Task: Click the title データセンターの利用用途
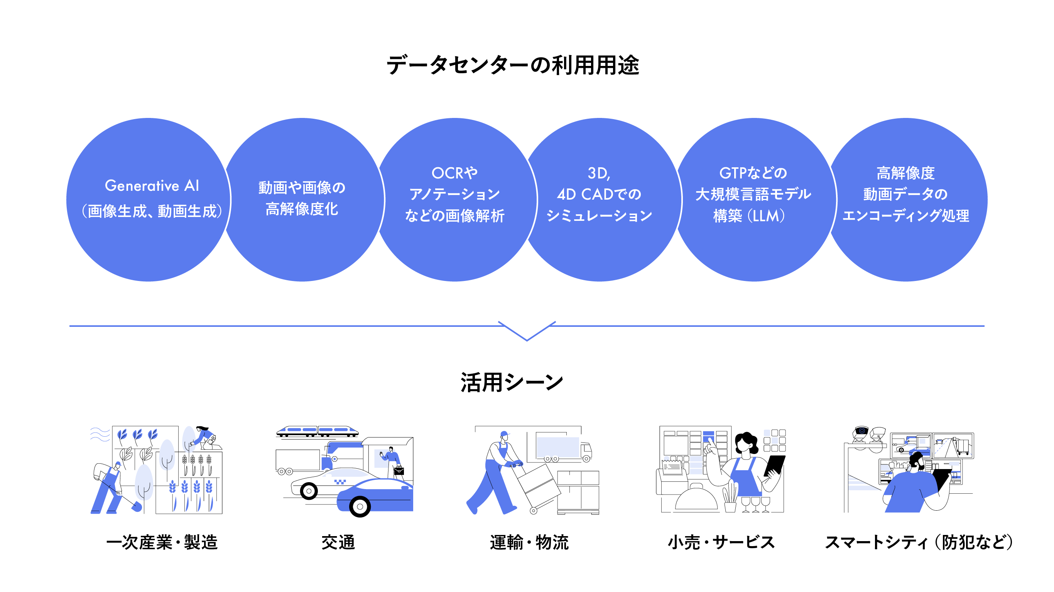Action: click(x=513, y=66)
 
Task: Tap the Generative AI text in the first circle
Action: click(x=152, y=186)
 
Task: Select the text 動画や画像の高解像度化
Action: click(x=302, y=198)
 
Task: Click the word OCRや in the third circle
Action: click(x=454, y=173)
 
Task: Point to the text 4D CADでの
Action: click(x=599, y=194)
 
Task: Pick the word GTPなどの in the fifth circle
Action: click(x=753, y=173)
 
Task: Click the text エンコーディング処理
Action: click(x=905, y=215)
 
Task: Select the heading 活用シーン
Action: click(x=512, y=383)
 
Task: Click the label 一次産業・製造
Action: click(x=162, y=542)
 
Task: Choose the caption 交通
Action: click(x=338, y=542)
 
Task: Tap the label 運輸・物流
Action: click(x=529, y=542)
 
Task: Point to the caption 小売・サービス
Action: click(x=721, y=542)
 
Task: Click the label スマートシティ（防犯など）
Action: click(x=919, y=542)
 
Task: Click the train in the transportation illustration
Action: click(x=317, y=431)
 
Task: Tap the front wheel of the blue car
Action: click(x=360, y=506)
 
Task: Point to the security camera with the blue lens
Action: click(x=861, y=431)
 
